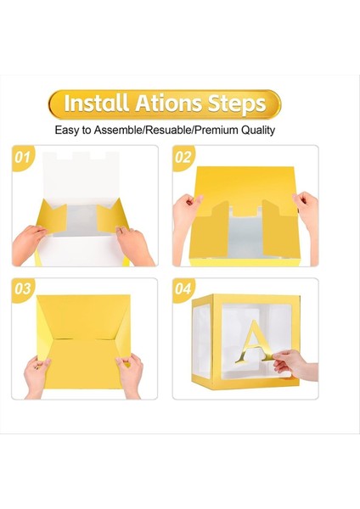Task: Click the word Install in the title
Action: pyautogui.click(x=96, y=104)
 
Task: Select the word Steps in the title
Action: pyautogui.click(x=235, y=104)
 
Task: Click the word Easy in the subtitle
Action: pyautogui.click(x=69, y=131)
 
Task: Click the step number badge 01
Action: pyautogui.click(x=24, y=158)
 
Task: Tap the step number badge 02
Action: pyautogui.click(x=183, y=158)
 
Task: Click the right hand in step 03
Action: pyautogui.click(x=130, y=373)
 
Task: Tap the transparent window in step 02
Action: pyautogui.click(x=247, y=238)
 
